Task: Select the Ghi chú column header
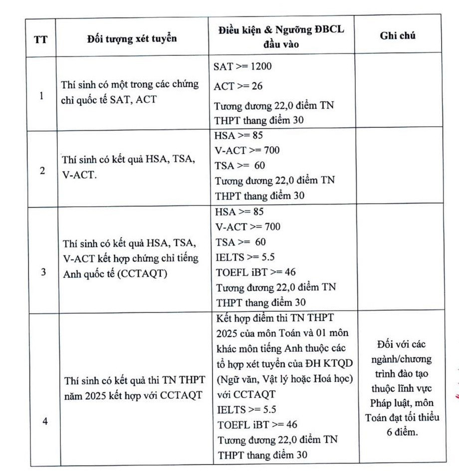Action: tap(399, 35)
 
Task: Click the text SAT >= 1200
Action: tap(242, 66)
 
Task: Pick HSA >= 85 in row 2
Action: tap(238, 136)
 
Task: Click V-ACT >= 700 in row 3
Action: tap(248, 227)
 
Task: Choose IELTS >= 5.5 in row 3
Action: tap(245, 257)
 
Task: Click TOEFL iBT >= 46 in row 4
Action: tap(250, 425)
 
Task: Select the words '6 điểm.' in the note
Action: tap(403, 432)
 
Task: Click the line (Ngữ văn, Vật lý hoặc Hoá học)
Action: tap(285, 379)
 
